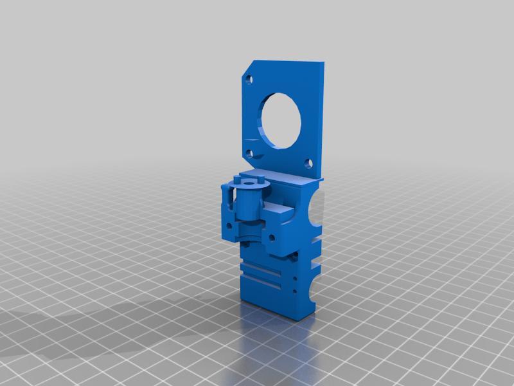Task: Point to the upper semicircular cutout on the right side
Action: (x=316, y=212)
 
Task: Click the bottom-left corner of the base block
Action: (x=243, y=299)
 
